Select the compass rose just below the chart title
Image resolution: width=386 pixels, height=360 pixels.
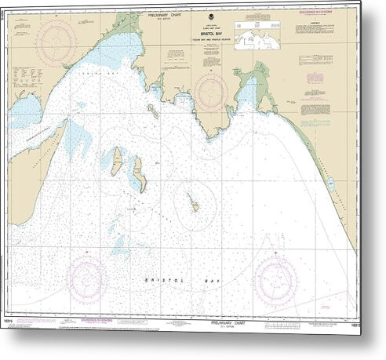click(212, 92)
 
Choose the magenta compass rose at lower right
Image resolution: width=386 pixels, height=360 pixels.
click(276, 280)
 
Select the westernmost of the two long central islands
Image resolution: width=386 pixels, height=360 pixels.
click(117, 161)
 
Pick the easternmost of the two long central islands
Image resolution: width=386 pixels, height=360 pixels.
click(140, 173)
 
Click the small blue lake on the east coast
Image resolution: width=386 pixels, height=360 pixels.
click(330, 184)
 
